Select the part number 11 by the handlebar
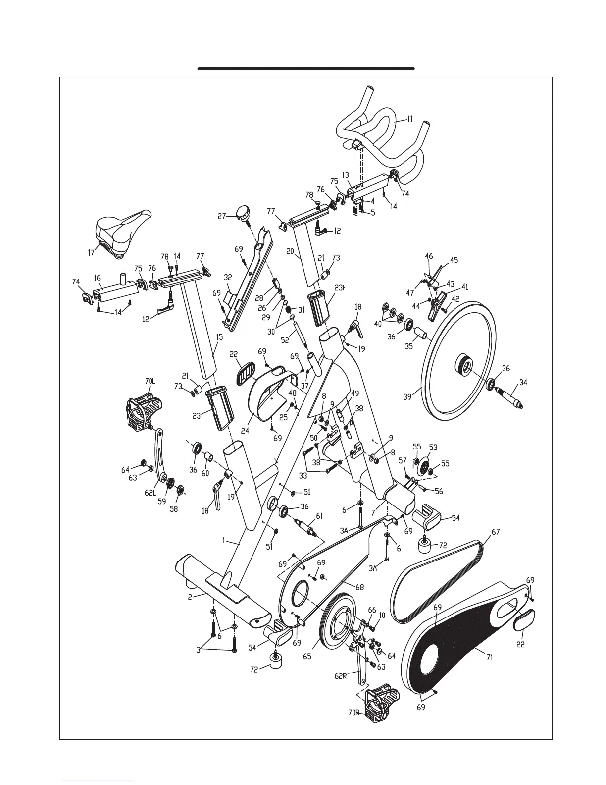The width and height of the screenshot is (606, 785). [x=410, y=119]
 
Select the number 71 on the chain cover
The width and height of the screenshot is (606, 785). [x=490, y=658]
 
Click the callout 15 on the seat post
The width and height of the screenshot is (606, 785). [x=219, y=337]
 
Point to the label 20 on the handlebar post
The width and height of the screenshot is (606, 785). [x=291, y=251]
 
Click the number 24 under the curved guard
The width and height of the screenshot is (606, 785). [x=245, y=431]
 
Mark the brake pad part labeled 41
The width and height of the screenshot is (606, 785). [x=437, y=304]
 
